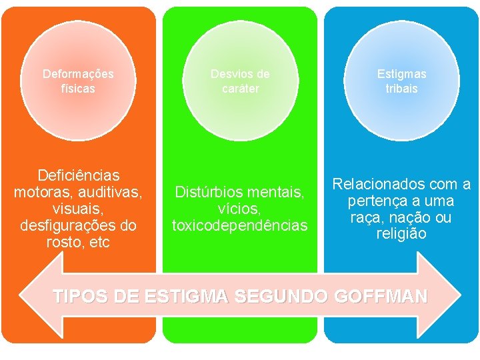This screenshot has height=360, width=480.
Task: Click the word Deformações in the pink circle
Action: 78,73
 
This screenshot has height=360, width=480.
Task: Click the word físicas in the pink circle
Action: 78,88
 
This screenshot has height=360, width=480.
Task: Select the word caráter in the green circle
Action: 240,88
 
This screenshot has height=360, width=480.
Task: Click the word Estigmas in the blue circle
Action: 401,73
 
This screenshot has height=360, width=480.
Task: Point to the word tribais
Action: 401,88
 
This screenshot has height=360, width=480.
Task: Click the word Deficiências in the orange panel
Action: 79,175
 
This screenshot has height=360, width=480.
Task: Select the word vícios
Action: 240,209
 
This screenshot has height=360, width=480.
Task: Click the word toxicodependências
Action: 240,226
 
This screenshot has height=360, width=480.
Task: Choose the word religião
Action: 401,234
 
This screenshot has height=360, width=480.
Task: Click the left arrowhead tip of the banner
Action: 20,293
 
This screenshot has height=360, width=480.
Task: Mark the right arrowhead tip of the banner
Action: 460,293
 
